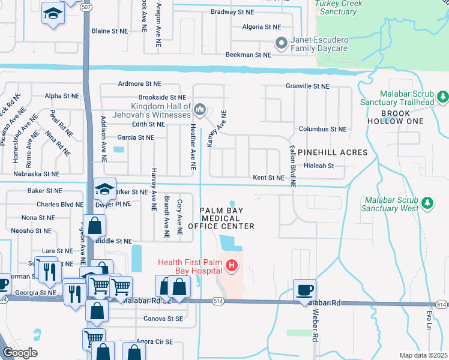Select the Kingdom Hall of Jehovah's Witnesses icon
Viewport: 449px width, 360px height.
pyautogui.click(x=200, y=110)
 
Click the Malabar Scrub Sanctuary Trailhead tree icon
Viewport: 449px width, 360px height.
pyautogui.click(x=442, y=96)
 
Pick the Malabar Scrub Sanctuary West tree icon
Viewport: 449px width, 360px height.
pyautogui.click(x=427, y=203)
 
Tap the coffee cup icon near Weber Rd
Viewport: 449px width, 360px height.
pyautogui.click(x=305, y=290)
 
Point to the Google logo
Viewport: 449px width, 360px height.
pyautogui.click(x=20, y=353)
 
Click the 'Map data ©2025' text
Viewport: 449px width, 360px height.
pyautogui.click(x=423, y=355)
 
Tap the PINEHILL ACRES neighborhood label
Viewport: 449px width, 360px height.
pyautogui.click(x=332, y=152)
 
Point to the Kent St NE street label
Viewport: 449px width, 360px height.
pyautogui.click(x=268, y=178)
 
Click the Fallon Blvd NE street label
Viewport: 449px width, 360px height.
pyautogui.click(x=293, y=167)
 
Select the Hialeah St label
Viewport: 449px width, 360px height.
pyautogui.click(x=319, y=166)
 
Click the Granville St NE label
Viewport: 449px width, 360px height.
pyautogui.click(x=307, y=86)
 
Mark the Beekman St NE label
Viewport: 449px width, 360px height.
pyautogui.click(x=248, y=55)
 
